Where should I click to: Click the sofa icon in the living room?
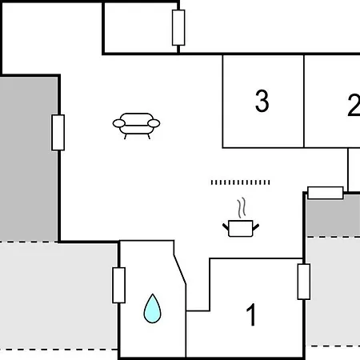point(136,126)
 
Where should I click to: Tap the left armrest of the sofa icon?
point(118,123)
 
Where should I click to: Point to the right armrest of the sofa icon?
point(154,123)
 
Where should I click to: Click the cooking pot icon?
point(241,228)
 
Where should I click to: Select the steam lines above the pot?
point(242,208)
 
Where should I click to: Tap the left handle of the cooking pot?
point(226,227)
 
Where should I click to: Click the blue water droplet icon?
point(152,309)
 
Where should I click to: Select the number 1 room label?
point(251,314)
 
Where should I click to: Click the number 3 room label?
point(262,101)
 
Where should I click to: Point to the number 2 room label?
point(354,105)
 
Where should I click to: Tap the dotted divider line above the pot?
point(240,182)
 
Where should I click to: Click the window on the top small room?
point(178,27)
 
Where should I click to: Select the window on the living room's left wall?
point(58,133)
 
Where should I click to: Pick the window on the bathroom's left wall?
point(119,286)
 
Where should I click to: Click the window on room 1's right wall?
point(304,282)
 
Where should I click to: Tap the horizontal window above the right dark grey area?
point(326,193)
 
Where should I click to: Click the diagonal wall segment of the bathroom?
point(180,270)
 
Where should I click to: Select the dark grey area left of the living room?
point(29,159)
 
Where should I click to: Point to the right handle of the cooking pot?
point(256,227)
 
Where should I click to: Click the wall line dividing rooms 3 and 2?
point(304,101)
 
